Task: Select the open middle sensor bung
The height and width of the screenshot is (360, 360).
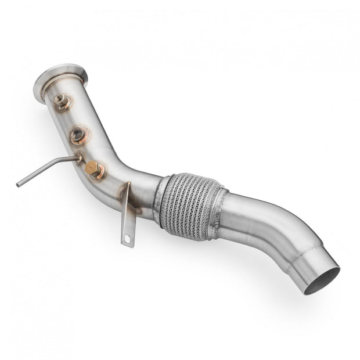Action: click(x=79, y=136)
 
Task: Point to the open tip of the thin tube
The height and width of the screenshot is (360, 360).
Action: click(x=19, y=185)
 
